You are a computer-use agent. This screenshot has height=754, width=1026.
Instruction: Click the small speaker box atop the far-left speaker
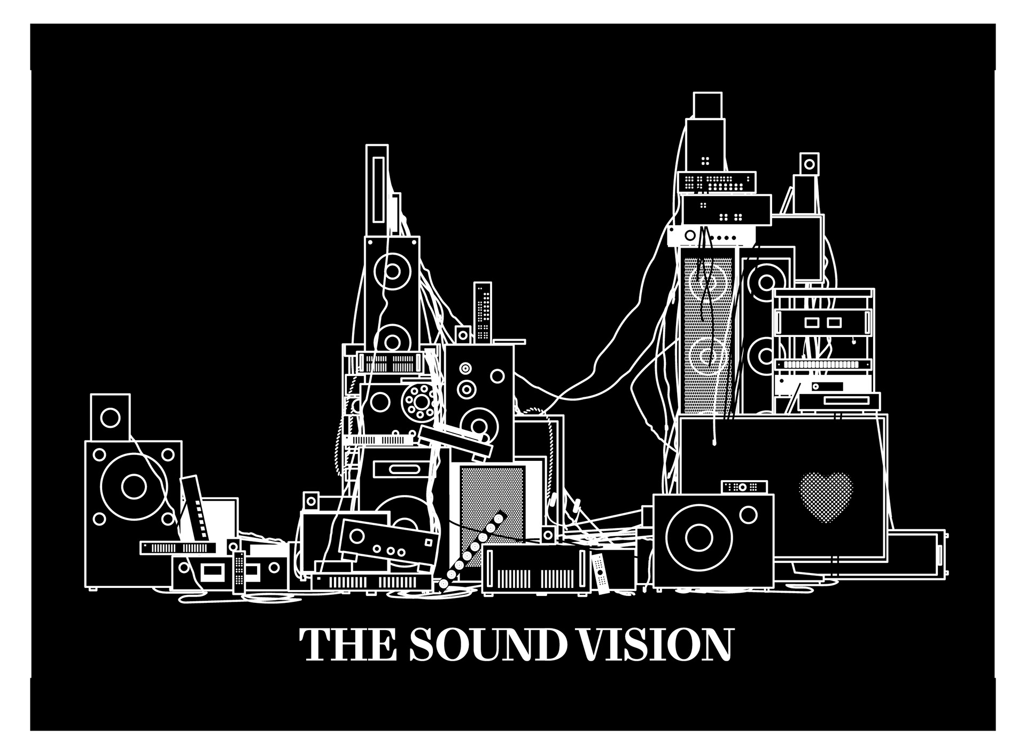click(111, 417)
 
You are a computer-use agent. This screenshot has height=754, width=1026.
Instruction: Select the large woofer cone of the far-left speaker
click(133, 485)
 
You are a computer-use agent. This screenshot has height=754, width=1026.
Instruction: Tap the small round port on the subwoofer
click(749, 515)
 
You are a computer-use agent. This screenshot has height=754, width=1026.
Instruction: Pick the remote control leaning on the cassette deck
click(239, 571)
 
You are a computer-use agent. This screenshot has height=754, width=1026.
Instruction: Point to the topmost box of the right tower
click(708, 105)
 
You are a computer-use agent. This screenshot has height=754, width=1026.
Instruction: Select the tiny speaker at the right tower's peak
click(809, 162)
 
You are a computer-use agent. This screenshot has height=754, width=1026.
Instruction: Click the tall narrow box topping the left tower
click(377, 184)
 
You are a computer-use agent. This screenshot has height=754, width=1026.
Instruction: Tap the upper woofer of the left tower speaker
click(393, 271)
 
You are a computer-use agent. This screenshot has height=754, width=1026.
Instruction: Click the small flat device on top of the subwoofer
click(744, 487)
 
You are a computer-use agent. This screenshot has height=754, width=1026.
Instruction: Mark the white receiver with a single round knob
click(711, 235)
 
